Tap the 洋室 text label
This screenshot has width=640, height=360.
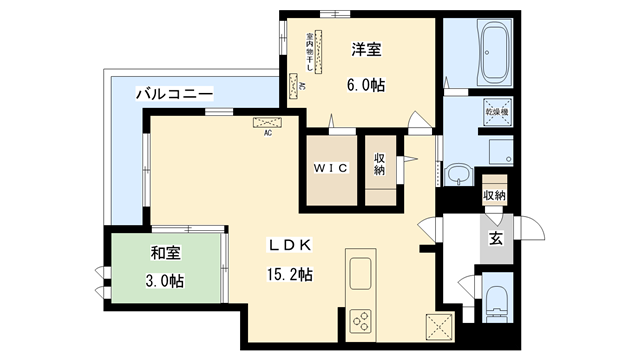pos(366,49)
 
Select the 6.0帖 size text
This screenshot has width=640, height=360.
pos(366,85)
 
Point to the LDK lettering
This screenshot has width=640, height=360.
pos(290,245)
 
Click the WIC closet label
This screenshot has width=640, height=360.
pos(330,167)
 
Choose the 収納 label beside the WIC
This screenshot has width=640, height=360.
pos(380,165)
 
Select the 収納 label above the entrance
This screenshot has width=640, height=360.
pos(493,195)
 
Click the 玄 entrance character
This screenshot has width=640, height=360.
pos(496,238)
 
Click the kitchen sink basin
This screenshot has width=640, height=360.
pos(360,273)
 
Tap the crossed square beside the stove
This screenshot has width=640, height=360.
pos(438,327)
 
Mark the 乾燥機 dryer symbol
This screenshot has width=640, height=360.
pos(497,113)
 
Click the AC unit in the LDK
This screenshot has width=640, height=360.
pos(268,123)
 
